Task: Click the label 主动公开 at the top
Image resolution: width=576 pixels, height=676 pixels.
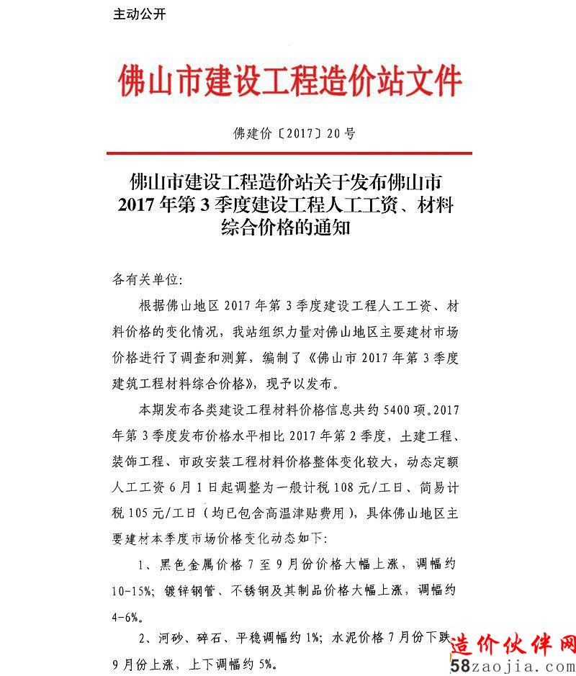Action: (x=140, y=14)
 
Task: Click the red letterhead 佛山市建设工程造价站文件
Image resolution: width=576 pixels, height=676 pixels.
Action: (x=289, y=80)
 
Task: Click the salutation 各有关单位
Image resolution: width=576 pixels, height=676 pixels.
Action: (x=143, y=278)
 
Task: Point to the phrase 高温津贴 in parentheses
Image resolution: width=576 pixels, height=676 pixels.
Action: (x=302, y=513)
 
